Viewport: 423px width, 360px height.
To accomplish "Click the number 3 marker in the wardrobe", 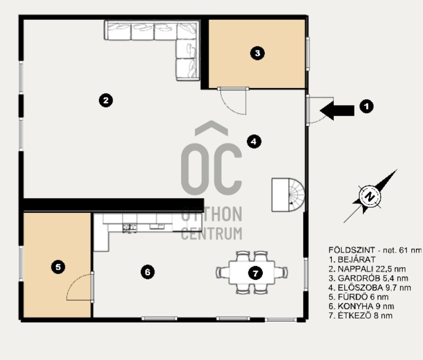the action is click(257, 53).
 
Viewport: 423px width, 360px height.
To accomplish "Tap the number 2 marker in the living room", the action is click(106, 100).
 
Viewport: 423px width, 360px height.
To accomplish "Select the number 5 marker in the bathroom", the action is click(58, 267).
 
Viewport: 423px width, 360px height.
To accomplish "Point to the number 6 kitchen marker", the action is click(148, 272).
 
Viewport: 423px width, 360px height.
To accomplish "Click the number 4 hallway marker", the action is click(254, 141).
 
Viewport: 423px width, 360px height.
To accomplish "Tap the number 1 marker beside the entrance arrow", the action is click(366, 106).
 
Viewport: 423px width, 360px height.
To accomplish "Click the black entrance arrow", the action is click(337, 110).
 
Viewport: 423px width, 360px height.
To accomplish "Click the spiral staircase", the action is click(288, 194).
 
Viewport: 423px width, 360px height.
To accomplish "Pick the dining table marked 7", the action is click(252, 272).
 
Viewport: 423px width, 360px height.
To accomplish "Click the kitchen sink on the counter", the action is click(130, 227).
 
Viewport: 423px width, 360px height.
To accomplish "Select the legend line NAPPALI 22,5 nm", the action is click(367, 269).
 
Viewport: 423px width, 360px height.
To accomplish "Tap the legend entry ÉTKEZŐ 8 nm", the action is click(360, 315).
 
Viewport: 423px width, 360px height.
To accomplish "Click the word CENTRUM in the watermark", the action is click(211, 234).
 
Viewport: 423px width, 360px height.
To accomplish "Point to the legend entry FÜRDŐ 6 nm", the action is click(359, 297).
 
